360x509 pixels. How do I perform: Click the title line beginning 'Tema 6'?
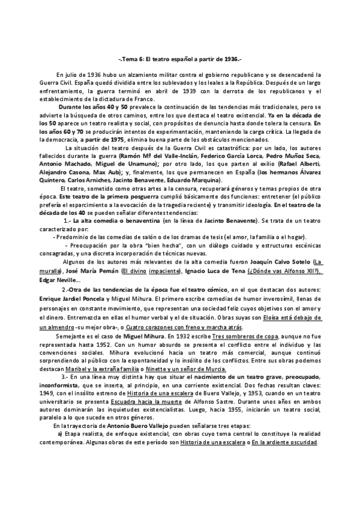point(180,59)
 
